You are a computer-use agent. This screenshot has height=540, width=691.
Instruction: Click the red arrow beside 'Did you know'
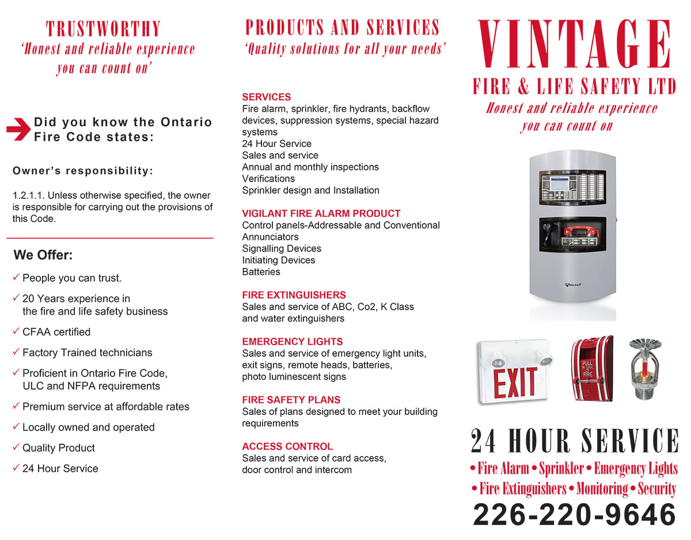pyautogui.click(x=18, y=129)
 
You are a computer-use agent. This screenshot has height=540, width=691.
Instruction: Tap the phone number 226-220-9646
pyautogui.click(x=574, y=515)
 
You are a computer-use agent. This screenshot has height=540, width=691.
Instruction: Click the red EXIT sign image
pyautogui.click(x=514, y=372)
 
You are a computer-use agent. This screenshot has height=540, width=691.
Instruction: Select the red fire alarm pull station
pyautogui.click(x=591, y=368)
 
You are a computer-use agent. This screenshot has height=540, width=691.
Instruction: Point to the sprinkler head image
pyautogui.click(x=644, y=368)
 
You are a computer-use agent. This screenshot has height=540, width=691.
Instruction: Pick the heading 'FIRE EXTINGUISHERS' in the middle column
pyautogui.click(x=294, y=295)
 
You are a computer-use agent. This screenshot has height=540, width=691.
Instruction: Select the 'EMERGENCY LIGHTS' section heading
pyautogui.click(x=292, y=342)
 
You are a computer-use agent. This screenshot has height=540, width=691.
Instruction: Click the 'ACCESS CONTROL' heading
pyautogui.click(x=287, y=447)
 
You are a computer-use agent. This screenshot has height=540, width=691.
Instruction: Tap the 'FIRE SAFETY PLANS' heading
pyautogui.click(x=291, y=400)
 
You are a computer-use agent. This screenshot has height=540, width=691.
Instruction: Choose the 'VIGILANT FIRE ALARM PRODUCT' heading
pyautogui.click(x=321, y=213)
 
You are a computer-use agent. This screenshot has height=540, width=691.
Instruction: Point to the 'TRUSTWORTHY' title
pyautogui.click(x=104, y=29)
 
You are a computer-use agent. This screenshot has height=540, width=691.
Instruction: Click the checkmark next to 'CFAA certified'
pyautogui.click(x=16, y=331)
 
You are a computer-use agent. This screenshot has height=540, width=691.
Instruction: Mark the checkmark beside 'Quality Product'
pyautogui.click(x=16, y=447)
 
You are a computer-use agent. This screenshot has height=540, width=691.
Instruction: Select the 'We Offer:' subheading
pyautogui.click(x=43, y=255)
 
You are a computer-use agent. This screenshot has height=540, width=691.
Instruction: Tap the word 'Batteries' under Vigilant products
pyautogui.click(x=261, y=272)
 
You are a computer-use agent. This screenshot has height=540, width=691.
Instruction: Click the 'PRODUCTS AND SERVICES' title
pyautogui.click(x=343, y=28)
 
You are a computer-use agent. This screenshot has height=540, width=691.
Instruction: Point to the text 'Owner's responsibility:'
pyautogui.click(x=83, y=171)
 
